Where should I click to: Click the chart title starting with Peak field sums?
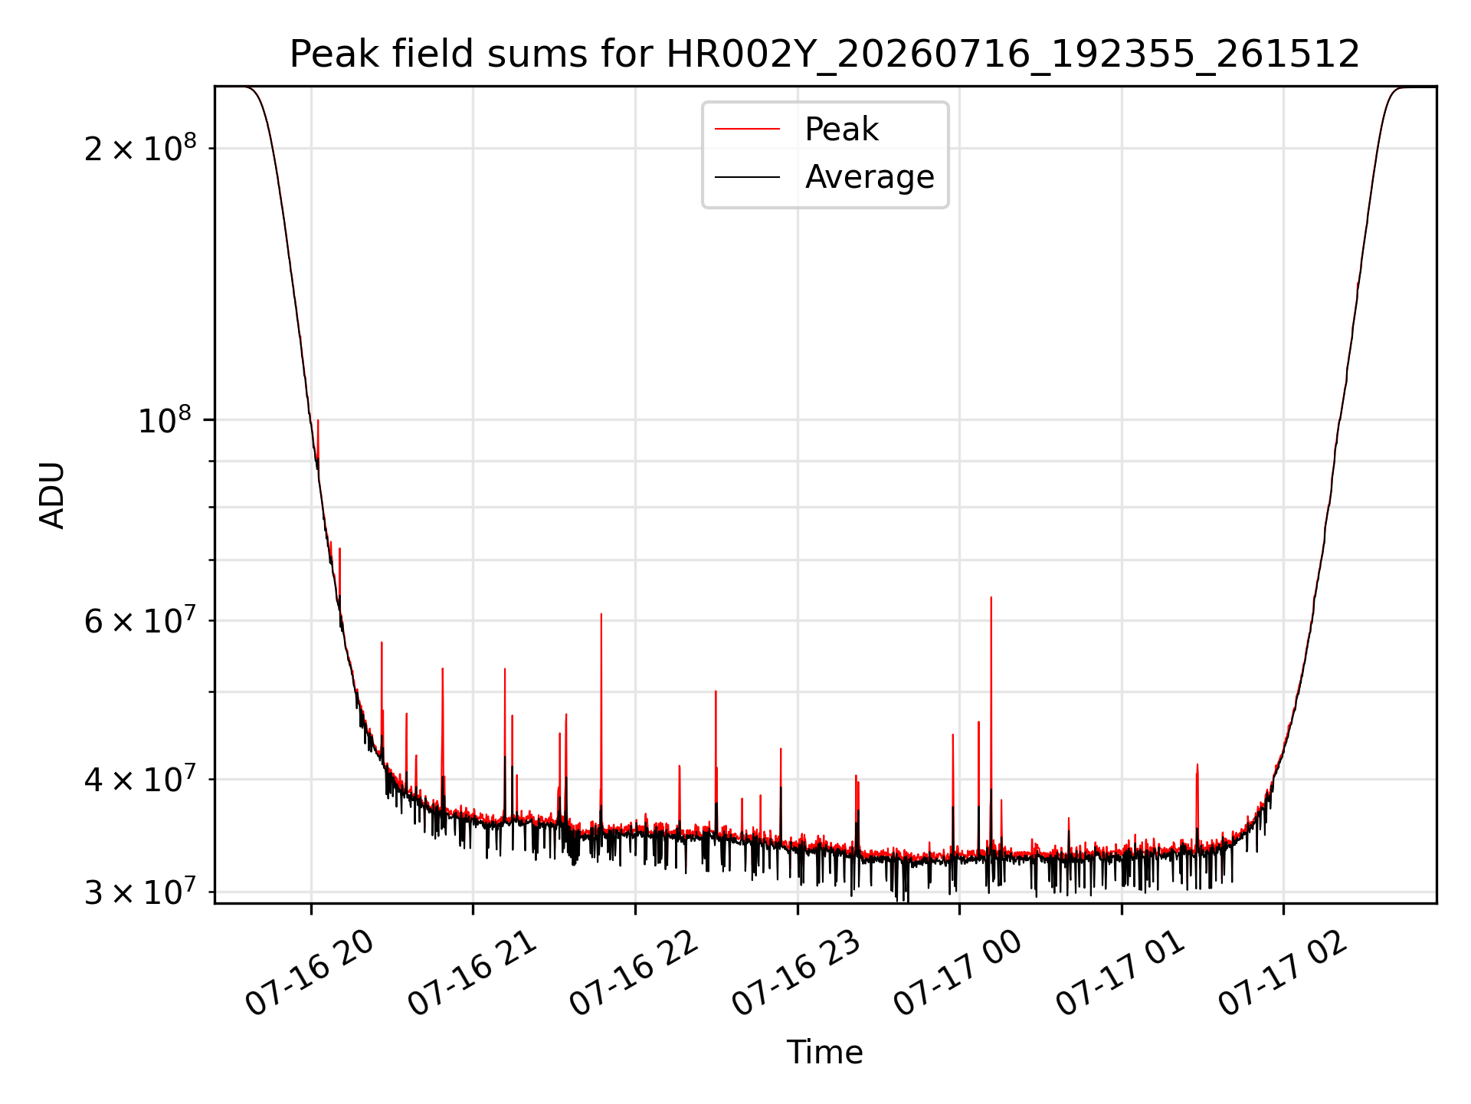pos(824,54)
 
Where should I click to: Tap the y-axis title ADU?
pos(52,495)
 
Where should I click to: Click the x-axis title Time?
pos(825,1052)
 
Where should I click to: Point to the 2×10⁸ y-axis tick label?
pos(140,147)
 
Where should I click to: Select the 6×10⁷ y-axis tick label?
pos(140,620)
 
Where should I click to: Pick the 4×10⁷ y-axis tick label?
pos(140,779)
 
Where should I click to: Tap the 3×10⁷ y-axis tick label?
pos(140,892)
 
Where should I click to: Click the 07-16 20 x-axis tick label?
pos(310,972)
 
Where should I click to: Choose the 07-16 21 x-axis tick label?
pos(472,972)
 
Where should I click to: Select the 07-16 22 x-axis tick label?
pos(634,972)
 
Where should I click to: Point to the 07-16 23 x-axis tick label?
pos(797,972)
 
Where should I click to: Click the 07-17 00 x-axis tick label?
pos(958,972)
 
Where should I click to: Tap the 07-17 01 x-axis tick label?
pos(1121,972)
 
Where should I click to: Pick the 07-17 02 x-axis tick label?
pos(1283,972)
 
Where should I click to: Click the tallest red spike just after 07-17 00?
pos(991,597)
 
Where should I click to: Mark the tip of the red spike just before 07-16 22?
pos(601,614)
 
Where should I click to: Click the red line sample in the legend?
pos(747,130)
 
